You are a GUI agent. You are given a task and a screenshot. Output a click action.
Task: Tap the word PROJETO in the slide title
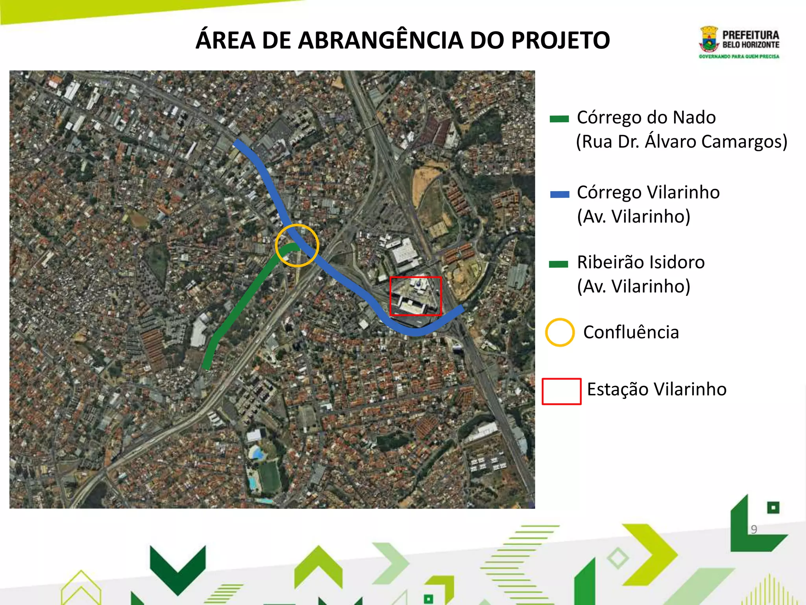[x=560, y=40]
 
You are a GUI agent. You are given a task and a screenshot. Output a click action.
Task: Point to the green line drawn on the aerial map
[x=244, y=299]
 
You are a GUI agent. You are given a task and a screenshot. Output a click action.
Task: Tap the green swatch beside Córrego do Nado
[x=559, y=119]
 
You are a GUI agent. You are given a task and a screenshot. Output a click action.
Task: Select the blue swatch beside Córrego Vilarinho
[x=560, y=194]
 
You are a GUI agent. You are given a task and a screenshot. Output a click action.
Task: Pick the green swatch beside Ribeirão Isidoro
[x=558, y=264]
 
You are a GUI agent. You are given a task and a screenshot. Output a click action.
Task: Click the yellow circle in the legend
[x=560, y=332]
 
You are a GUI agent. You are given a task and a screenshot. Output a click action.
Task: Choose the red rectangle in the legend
[x=562, y=391]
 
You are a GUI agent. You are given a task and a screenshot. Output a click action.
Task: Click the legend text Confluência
[x=631, y=332]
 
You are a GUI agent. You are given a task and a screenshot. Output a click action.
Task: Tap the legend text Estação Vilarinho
[x=656, y=389]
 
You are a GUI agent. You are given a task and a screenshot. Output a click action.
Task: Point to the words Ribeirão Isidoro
[x=641, y=262]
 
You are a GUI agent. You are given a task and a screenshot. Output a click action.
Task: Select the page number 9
[x=754, y=529]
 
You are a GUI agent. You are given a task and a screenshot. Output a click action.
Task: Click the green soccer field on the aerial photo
[x=270, y=477]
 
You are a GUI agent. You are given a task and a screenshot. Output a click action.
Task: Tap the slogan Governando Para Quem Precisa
[x=739, y=57]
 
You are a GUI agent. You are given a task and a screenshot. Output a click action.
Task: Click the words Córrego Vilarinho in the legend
[x=648, y=193]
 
